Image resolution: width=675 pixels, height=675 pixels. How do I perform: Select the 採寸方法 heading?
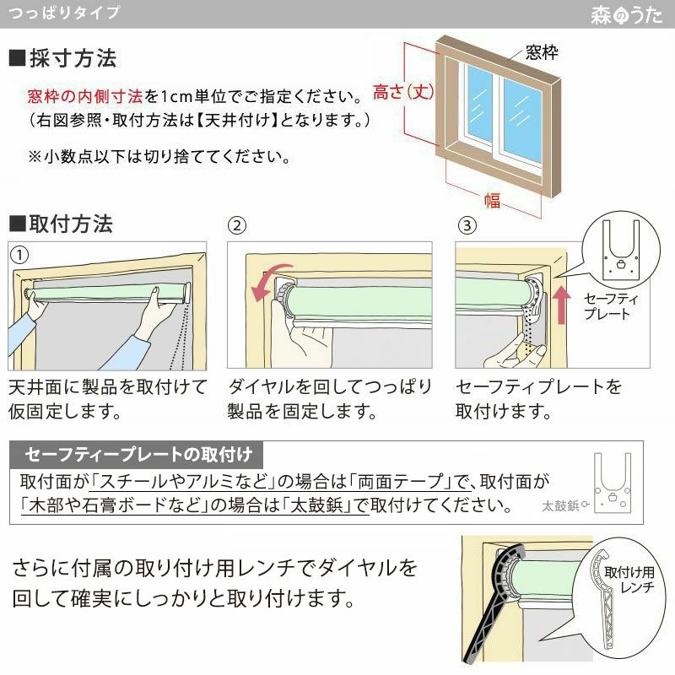(x=62, y=59)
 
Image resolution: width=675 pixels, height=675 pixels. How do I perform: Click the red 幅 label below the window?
(x=491, y=200)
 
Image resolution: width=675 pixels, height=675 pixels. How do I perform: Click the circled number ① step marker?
(x=18, y=254)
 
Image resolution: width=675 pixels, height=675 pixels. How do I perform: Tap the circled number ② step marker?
(x=238, y=225)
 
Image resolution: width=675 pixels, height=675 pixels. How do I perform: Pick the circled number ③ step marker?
(x=467, y=225)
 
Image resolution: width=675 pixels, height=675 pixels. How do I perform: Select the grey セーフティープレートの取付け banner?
(x=138, y=456)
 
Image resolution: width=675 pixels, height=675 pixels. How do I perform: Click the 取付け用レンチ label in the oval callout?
(x=635, y=580)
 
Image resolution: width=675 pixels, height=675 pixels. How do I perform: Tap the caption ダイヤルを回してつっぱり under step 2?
(x=330, y=387)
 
